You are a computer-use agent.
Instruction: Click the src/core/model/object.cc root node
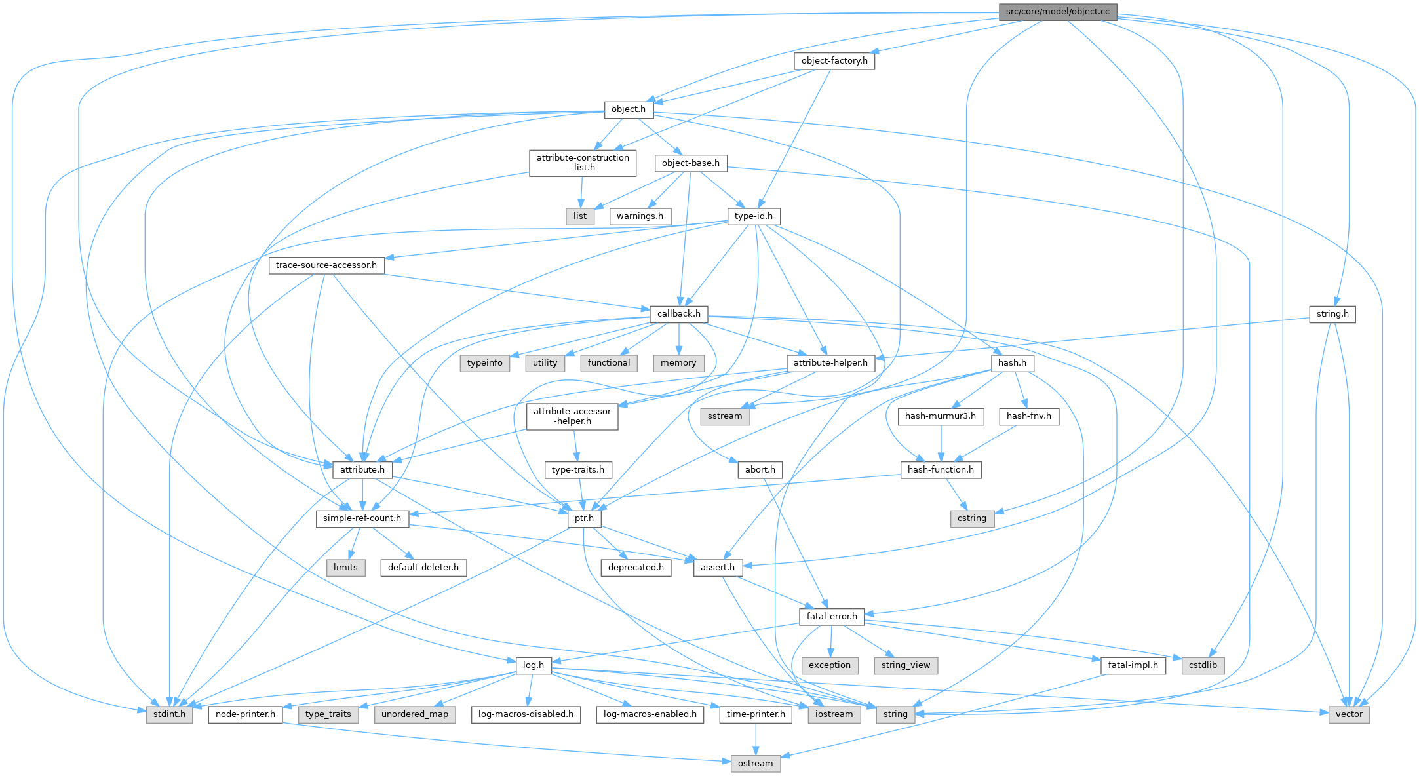[x=1057, y=12]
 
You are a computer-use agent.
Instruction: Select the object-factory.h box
[x=834, y=61]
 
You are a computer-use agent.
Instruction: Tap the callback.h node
[x=678, y=314]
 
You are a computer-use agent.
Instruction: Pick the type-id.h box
[x=754, y=216]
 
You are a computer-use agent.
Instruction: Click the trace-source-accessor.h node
[x=326, y=265]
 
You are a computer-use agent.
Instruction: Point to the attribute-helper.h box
[x=830, y=363]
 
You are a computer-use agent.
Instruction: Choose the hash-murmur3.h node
[x=941, y=416]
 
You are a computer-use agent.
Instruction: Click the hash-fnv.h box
[x=1029, y=416]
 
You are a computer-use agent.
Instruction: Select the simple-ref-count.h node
[x=362, y=518]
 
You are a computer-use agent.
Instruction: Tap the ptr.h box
[x=584, y=518]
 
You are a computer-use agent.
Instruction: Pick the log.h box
[x=534, y=665]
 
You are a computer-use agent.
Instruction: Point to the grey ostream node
[x=756, y=764]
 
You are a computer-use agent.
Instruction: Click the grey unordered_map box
[x=415, y=714]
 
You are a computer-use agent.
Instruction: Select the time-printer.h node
[x=756, y=714]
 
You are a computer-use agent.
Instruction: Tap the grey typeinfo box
[x=485, y=363]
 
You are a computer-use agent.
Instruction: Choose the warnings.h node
[x=640, y=216]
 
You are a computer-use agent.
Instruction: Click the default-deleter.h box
[x=423, y=568]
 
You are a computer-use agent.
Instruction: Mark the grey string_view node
[x=906, y=665]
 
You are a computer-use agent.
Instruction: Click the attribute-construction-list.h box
[x=583, y=163]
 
